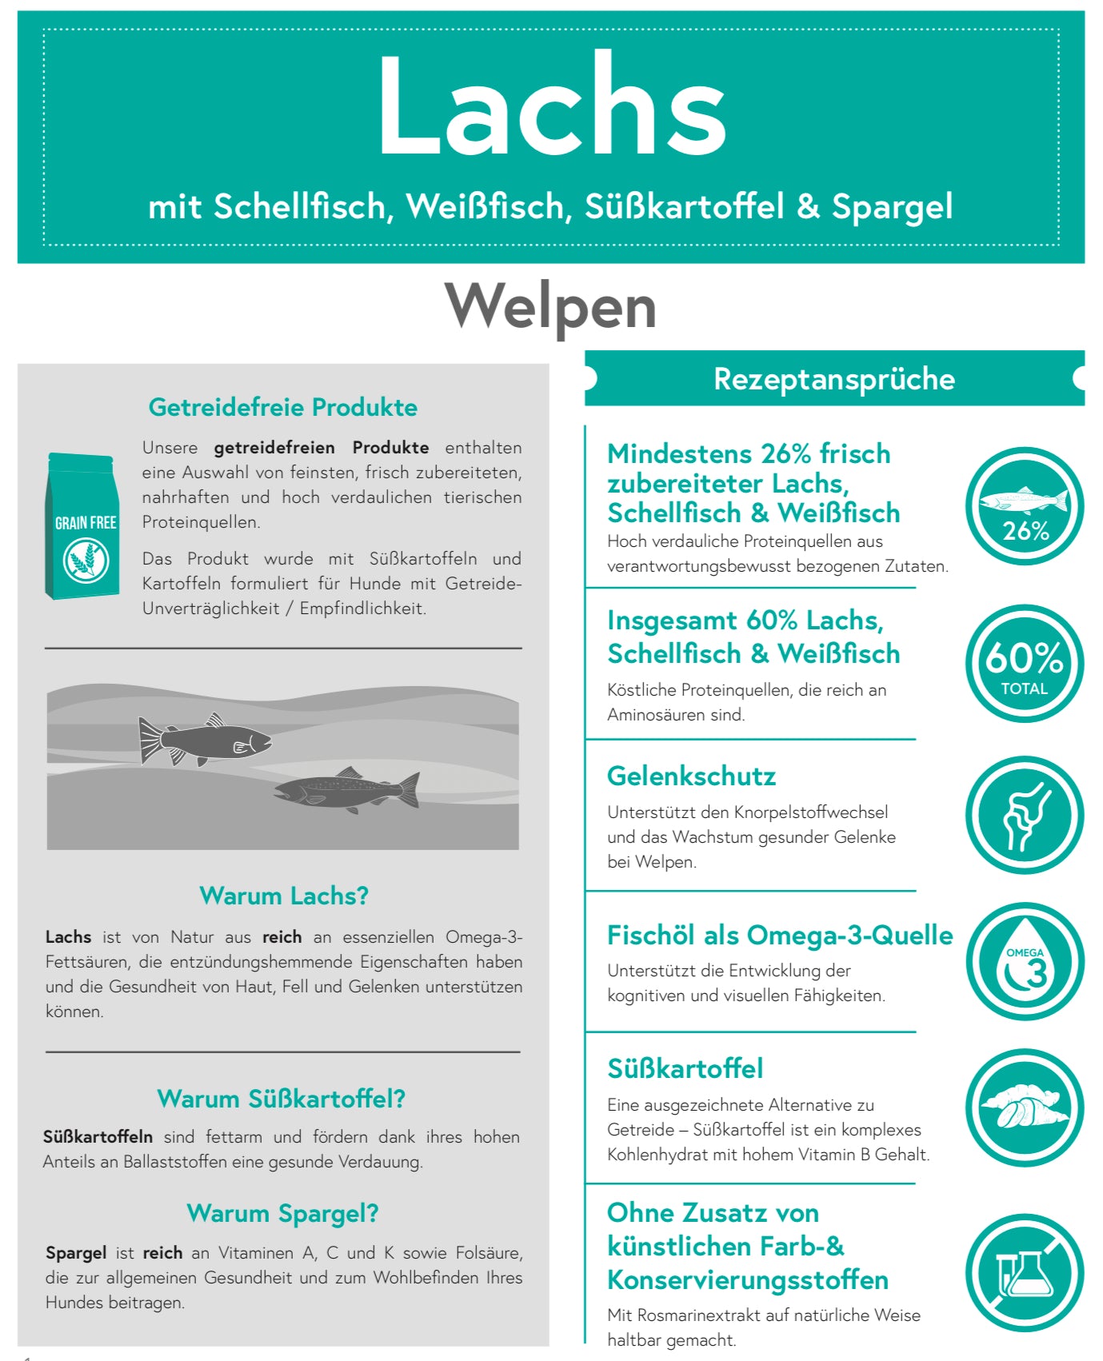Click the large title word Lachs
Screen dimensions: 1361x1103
tap(551, 106)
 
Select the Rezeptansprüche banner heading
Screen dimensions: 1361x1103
tap(833, 378)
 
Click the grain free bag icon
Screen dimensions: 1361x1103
tap(83, 526)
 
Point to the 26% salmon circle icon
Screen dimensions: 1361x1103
tap(1024, 506)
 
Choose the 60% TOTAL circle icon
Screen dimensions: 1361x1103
tap(1024, 664)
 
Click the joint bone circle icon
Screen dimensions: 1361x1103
tap(1024, 816)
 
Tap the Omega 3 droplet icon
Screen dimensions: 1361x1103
tap(1024, 962)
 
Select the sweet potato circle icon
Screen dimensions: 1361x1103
tap(1024, 1108)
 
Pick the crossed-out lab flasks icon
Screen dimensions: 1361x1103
tap(1024, 1273)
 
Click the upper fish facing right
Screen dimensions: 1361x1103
tap(205, 740)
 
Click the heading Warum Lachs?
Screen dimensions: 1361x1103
tap(284, 896)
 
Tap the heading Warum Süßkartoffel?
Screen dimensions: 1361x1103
tap(282, 1099)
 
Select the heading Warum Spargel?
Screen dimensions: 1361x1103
tap(282, 1213)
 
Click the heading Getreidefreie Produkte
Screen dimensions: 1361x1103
tap(283, 407)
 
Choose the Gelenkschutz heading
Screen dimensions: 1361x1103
tap(691, 776)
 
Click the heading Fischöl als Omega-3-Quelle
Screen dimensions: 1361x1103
tap(780, 935)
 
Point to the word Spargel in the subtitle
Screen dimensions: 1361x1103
tap(892, 206)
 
